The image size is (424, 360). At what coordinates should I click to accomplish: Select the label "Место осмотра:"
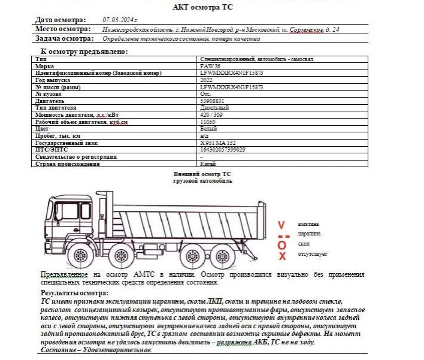(63, 29)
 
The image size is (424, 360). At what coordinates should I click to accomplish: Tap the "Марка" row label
(44, 66)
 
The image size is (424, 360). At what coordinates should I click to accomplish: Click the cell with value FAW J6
(211, 66)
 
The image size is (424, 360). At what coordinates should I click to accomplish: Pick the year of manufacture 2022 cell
(207, 79)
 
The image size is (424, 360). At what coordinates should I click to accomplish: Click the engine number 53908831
(212, 101)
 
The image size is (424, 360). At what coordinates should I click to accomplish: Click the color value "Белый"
(208, 129)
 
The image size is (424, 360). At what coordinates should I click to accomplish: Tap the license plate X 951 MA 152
(217, 143)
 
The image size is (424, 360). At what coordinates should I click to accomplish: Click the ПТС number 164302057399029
(223, 149)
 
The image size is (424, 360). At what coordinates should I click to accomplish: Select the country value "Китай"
(208, 164)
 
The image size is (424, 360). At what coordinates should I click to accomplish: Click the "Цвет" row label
(43, 129)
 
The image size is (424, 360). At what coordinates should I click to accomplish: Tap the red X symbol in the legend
(282, 256)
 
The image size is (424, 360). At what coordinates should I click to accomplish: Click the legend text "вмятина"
(309, 223)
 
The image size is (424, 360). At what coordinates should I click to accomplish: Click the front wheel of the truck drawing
(79, 253)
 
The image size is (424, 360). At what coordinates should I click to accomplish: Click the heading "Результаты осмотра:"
(74, 293)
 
